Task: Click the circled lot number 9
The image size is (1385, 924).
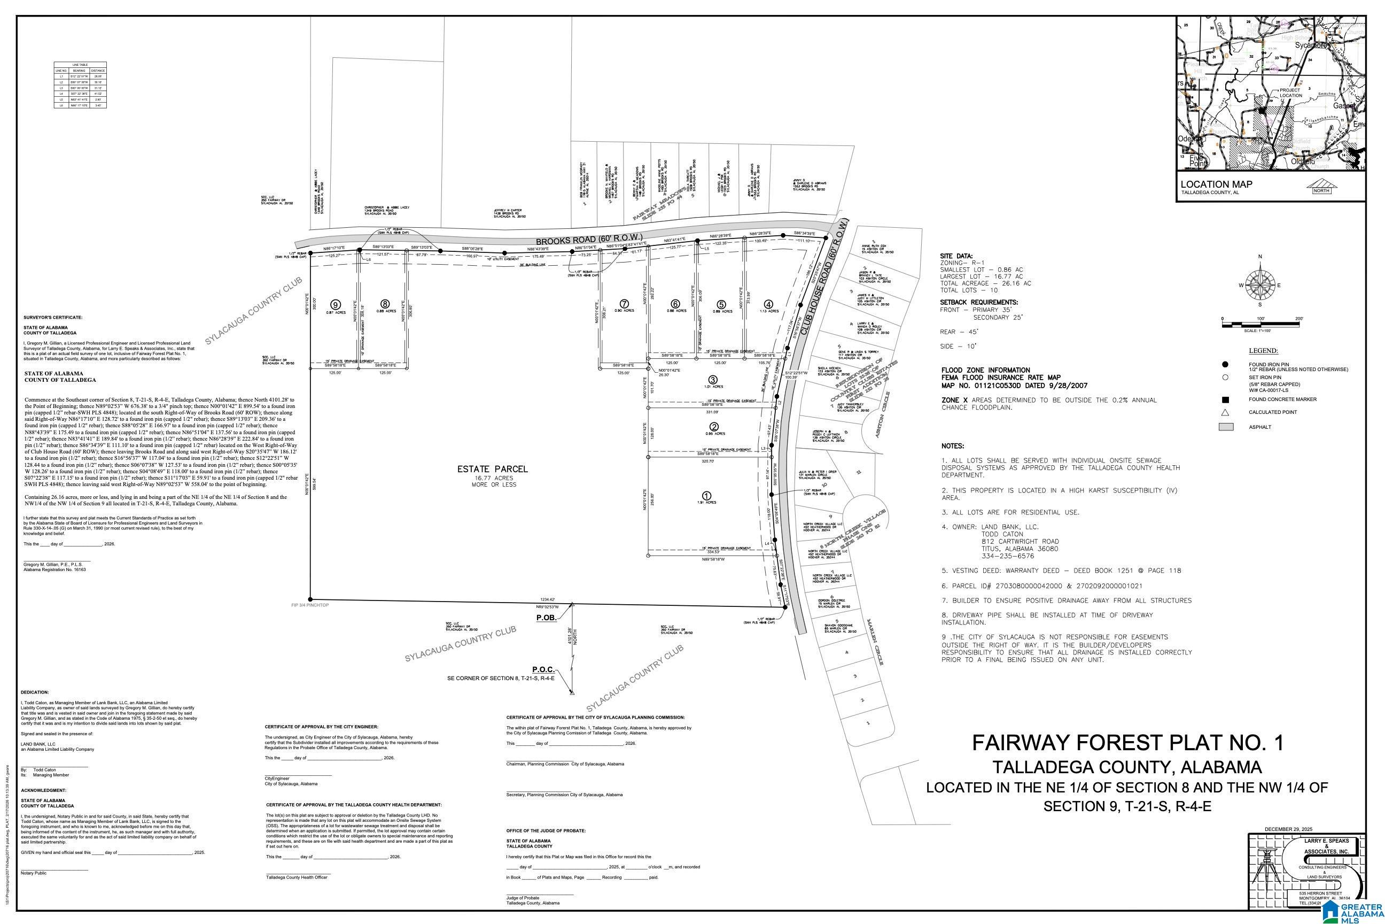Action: click(x=335, y=305)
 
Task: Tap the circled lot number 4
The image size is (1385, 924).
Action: click(x=768, y=304)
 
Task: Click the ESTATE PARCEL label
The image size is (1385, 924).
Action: click(x=492, y=469)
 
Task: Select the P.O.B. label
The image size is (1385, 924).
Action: click(x=545, y=618)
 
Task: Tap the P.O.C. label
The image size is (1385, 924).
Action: click(x=543, y=670)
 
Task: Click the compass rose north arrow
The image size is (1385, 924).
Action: click(x=1259, y=285)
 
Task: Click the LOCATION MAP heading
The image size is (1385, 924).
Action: click(x=1216, y=184)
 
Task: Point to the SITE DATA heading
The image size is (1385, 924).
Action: click(x=956, y=256)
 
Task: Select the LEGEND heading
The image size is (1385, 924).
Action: click(x=1263, y=351)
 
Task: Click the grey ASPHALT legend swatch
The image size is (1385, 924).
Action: click(x=1225, y=427)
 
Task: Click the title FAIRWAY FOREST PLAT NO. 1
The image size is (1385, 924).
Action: click(x=1127, y=743)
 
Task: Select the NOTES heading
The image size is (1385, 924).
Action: click(x=953, y=446)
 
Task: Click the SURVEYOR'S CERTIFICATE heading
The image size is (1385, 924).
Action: click(x=53, y=318)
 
